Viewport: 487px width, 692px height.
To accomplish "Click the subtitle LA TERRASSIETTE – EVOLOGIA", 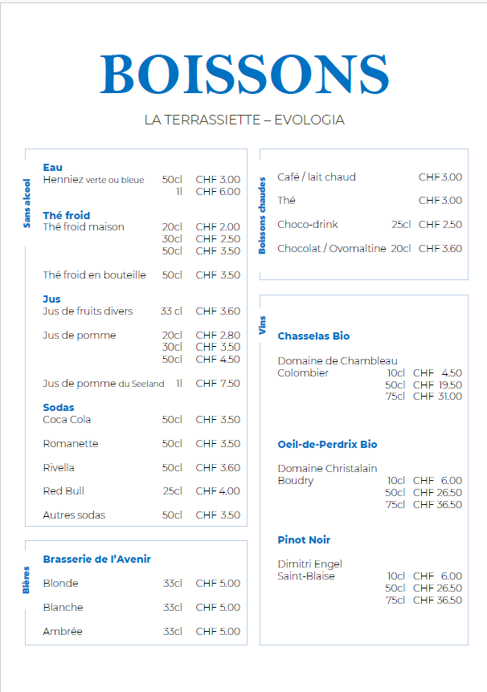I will [244, 120].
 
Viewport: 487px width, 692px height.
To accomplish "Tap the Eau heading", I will [52, 168].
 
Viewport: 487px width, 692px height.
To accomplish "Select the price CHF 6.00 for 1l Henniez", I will [217, 192].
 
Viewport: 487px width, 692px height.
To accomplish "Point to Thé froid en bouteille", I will [94, 275].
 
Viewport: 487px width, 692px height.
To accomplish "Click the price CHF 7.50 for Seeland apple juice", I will [217, 384].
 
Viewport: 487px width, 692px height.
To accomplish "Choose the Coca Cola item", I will [67, 420].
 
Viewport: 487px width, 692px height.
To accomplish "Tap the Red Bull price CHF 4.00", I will [217, 491].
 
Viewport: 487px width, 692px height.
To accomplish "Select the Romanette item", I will [71, 444].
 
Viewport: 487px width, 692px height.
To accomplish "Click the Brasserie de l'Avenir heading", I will [96, 560].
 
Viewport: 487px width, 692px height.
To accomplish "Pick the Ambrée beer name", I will [63, 632].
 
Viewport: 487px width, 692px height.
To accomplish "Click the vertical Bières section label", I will [26, 580].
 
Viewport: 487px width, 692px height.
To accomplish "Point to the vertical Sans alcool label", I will [27, 203].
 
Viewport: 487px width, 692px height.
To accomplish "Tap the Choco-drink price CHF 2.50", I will [440, 225].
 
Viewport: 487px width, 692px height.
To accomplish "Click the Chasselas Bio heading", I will [313, 336].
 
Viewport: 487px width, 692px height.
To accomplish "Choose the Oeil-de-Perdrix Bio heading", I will [327, 445].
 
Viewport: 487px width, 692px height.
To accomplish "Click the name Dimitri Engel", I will [309, 564].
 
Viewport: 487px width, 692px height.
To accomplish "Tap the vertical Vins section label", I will [262, 324].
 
